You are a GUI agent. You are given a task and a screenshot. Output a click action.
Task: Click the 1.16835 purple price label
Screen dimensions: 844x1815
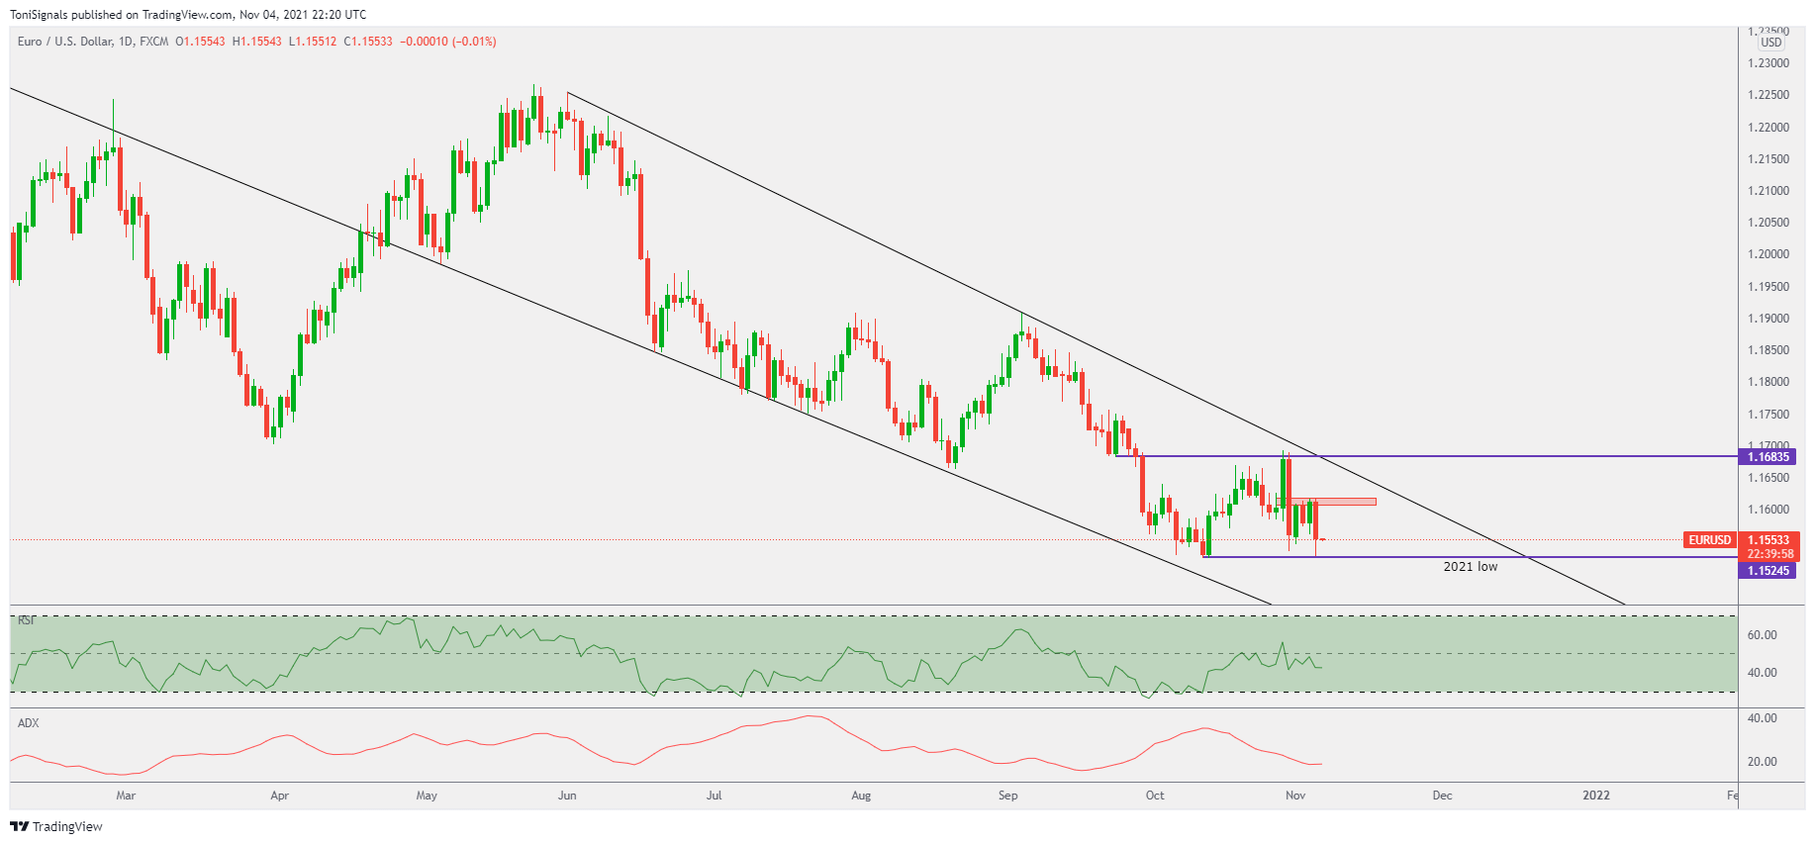click(x=1767, y=456)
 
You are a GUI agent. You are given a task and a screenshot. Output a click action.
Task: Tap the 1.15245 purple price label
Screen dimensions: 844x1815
click(x=1767, y=571)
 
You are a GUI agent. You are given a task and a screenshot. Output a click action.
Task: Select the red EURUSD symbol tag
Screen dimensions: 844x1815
click(x=1709, y=540)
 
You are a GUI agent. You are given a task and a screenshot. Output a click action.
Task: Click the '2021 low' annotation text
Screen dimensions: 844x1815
click(x=1470, y=567)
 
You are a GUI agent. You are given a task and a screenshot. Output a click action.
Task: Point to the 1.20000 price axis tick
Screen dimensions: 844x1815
click(x=1767, y=254)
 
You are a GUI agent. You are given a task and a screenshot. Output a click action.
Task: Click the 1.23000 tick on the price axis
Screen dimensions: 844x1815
click(x=1767, y=63)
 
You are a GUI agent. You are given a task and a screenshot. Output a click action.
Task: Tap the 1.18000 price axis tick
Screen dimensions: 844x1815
click(x=1767, y=382)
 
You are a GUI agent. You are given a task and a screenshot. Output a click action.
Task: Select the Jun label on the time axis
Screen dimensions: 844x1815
click(x=567, y=796)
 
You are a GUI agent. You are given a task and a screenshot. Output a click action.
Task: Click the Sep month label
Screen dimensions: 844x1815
click(x=1007, y=796)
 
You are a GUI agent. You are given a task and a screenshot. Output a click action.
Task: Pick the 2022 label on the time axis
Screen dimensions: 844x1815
click(x=1595, y=796)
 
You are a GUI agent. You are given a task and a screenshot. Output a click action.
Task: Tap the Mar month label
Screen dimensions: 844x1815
click(x=126, y=796)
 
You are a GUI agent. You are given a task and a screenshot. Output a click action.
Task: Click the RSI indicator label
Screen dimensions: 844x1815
click(x=27, y=620)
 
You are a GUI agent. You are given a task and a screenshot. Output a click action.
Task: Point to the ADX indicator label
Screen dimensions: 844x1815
click(x=29, y=723)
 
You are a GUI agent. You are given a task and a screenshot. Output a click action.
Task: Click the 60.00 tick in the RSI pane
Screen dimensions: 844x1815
click(x=1762, y=635)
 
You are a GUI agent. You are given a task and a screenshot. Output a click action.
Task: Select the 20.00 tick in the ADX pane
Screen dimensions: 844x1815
click(x=1762, y=762)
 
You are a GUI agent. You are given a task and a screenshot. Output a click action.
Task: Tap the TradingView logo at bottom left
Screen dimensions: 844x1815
click(x=56, y=826)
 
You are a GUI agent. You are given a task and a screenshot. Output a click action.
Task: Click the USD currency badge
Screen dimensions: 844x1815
click(x=1770, y=43)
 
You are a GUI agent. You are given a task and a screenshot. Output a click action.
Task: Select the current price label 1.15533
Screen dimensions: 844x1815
click(x=1769, y=540)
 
